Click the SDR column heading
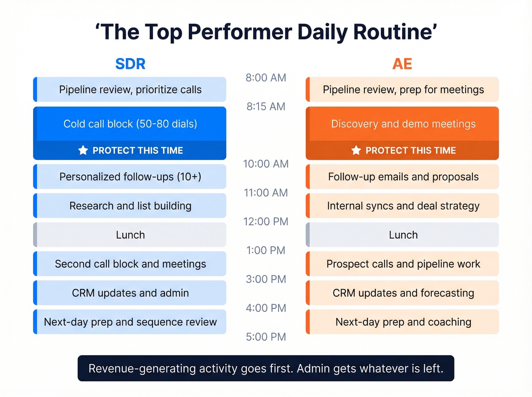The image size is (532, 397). pyautogui.click(x=130, y=64)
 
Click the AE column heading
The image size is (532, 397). pyautogui.click(x=402, y=64)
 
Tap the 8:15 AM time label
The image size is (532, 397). pyautogui.click(x=266, y=106)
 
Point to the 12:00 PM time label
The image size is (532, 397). pyautogui.click(x=266, y=221)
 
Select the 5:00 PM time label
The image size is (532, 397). pyautogui.click(x=266, y=337)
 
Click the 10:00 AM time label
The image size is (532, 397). pyautogui.click(x=266, y=164)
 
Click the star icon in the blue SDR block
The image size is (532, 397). pyautogui.click(x=83, y=150)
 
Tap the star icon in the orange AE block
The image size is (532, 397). pyautogui.click(x=356, y=150)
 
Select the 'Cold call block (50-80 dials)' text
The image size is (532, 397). pyautogui.click(x=130, y=124)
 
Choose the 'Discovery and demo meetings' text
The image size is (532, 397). pyautogui.click(x=403, y=124)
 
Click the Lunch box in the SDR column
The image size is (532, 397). pyautogui.click(x=130, y=235)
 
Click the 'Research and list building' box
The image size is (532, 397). pyautogui.click(x=130, y=206)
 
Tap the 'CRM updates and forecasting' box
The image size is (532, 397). pyautogui.click(x=403, y=293)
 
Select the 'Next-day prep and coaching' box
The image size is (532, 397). pyautogui.click(x=403, y=322)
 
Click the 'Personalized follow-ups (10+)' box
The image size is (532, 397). pyautogui.click(x=130, y=177)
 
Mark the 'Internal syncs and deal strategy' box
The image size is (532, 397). pyautogui.click(x=403, y=206)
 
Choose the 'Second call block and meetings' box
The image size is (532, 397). pyautogui.click(x=130, y=264)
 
